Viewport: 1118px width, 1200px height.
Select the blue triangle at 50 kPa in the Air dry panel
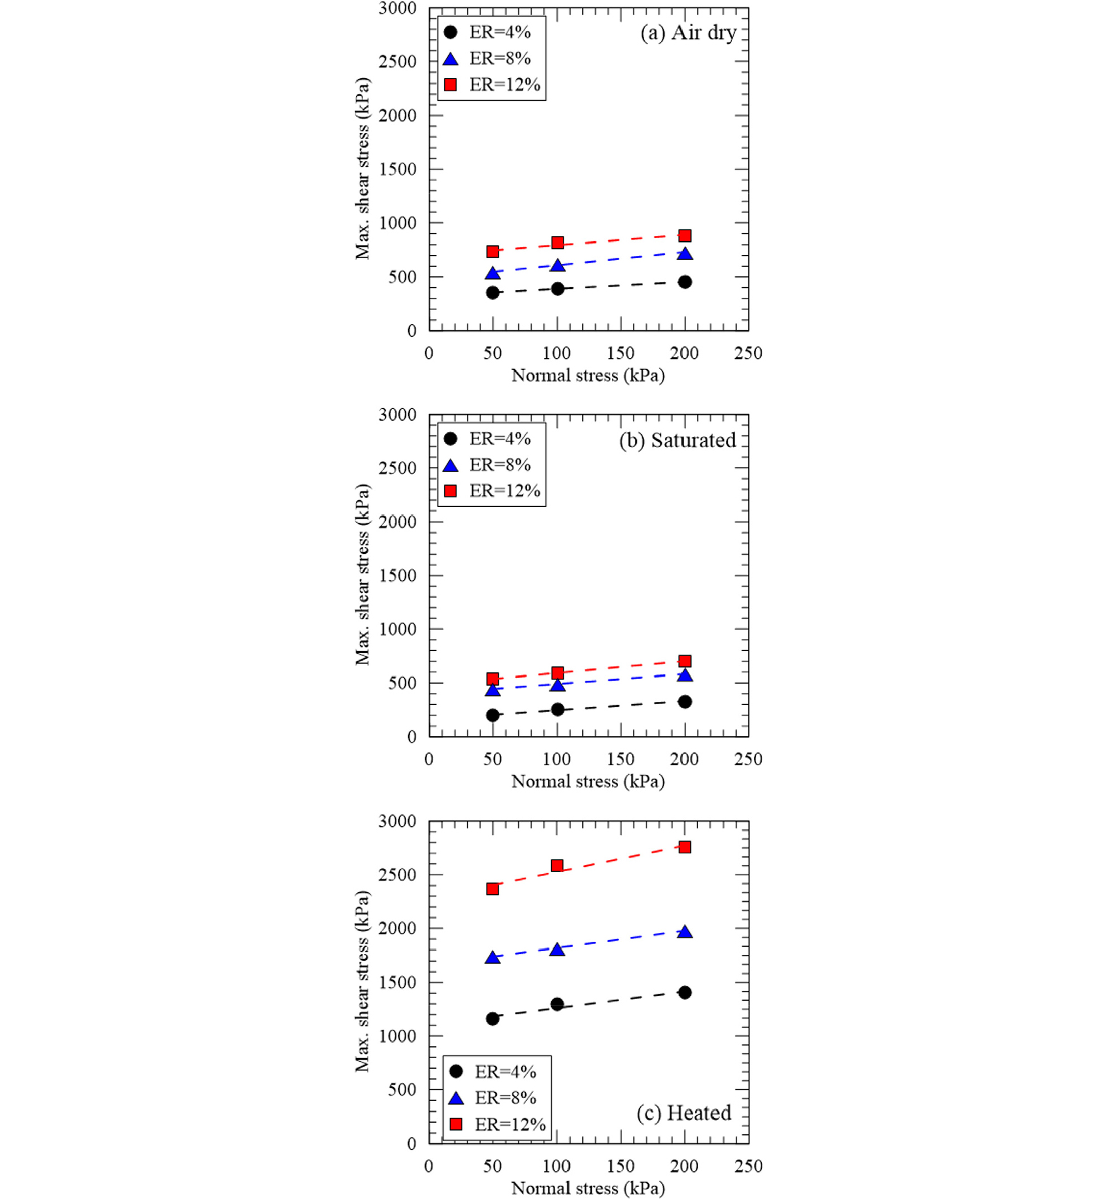pos(493,274)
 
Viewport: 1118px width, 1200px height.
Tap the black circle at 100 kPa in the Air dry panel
pos(557,288)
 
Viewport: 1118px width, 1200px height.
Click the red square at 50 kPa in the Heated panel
pos(493,888)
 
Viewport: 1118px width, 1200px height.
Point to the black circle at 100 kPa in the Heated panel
pos(557,1004)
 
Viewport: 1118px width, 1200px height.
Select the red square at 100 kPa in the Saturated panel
pos(557,672)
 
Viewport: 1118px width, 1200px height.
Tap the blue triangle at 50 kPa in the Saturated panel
pos(493,690)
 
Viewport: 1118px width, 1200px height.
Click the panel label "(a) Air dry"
pos(688,33)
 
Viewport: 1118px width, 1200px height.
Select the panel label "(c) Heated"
pos(683,1113)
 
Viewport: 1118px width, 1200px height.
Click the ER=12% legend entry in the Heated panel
pos(497,1124)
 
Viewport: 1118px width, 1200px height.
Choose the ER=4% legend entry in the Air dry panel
pos(488,32)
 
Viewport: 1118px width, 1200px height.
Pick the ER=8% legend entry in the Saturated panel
pos(488,465)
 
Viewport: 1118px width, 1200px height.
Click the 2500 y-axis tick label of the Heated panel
pos(397,874)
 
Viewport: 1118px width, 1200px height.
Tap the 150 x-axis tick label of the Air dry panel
pos(621,353)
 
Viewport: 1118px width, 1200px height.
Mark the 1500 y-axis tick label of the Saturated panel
pos(397,576)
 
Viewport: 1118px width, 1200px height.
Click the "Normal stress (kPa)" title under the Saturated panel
pos(588,781)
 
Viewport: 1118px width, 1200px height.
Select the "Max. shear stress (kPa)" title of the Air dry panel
pos(362,169)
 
